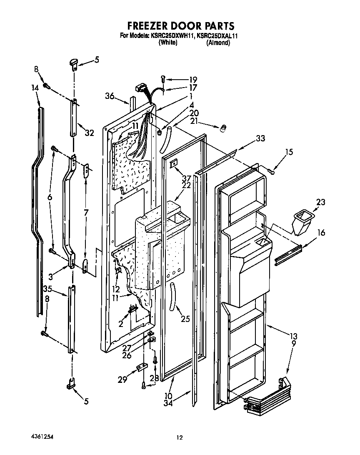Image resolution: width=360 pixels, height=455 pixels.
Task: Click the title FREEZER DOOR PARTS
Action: tap(180, 27)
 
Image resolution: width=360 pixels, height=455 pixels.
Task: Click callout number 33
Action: tap(260, 138)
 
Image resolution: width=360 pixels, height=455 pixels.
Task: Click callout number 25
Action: tap(185, 319)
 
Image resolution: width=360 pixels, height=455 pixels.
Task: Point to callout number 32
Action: tap(89, 133)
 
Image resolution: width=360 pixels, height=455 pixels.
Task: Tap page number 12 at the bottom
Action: tap(180, 437)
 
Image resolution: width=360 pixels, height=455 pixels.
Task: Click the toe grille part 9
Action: tap(267, 396)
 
